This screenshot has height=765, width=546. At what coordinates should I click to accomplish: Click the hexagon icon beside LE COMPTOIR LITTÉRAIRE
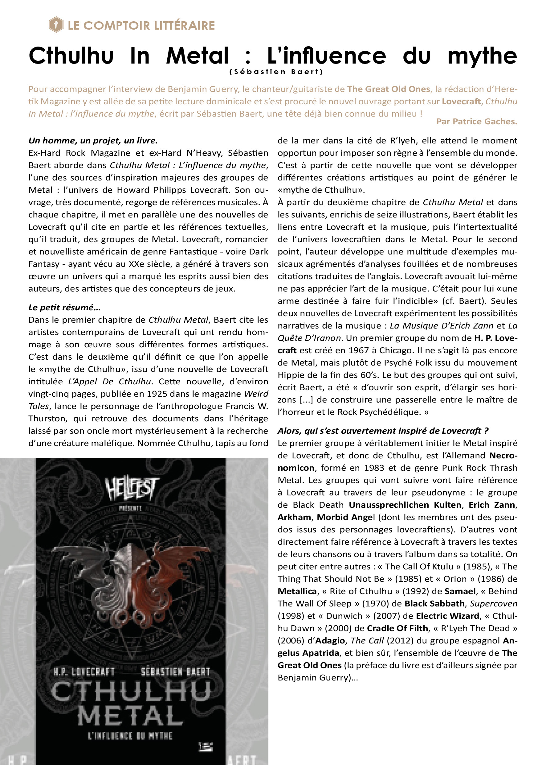[56, 25]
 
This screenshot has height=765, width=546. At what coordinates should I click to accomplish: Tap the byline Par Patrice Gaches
[476, 122]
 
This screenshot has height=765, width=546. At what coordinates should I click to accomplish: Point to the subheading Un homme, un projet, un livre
[93, 141]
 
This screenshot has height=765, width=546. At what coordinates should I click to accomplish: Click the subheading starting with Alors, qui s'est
[383, 431]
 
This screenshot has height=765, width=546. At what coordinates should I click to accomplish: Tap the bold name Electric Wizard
[447, 616]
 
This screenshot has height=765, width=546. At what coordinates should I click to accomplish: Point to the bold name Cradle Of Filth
[397, 628]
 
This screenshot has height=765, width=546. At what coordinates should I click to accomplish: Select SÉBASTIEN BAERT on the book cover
[175, 672]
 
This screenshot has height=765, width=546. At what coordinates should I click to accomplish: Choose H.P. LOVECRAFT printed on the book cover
[84, 672]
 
